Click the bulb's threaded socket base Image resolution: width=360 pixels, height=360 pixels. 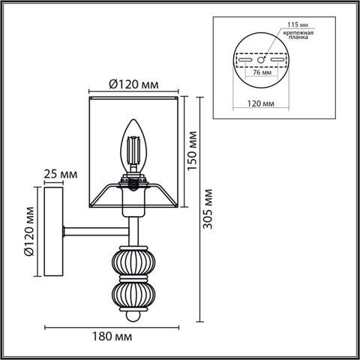tap(134, 181)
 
